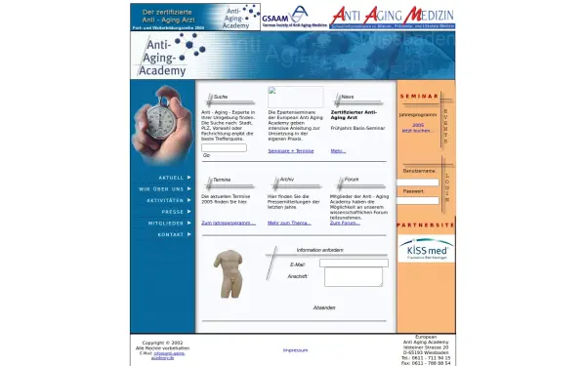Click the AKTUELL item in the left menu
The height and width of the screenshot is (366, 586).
click(x=171, y=178)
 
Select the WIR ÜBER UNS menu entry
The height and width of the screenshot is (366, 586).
click(x=164, y=188)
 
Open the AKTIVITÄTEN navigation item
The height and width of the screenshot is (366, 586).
click(x=166, y=200)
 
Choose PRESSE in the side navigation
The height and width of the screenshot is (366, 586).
click(x=173, y=212)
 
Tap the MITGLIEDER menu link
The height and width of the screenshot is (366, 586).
click(x=166, y=224)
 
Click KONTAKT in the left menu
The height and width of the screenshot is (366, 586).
click(x=171, y=235)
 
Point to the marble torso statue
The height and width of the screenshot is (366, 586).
click(x=229, y=272)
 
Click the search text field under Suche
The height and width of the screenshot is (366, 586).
click(x=224, y=147)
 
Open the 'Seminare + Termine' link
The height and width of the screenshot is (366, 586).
click(x=291, y=151)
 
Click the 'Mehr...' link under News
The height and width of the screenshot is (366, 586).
click(x=338, y=151)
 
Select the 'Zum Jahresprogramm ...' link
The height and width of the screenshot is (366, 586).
click(x=229, y=223)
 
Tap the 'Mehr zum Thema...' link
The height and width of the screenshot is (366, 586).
click(x=289, y=223)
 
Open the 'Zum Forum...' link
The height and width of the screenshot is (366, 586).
click(x=345, y=223)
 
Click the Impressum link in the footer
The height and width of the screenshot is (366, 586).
click(x=295, y=349)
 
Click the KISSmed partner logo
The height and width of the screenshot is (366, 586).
click(x=426, y=250)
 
